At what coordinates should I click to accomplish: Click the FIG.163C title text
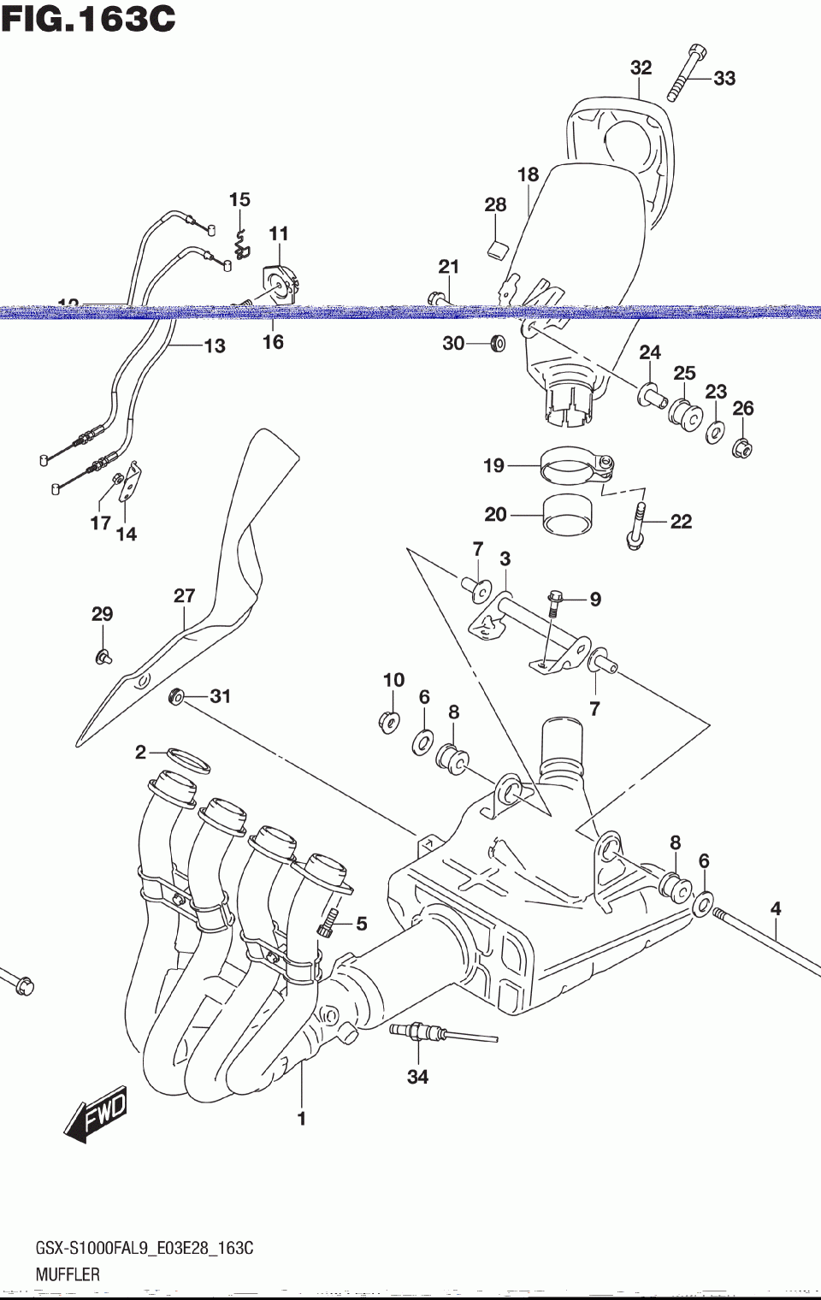click(88, 19)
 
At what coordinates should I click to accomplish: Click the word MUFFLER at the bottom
click(68, 1274)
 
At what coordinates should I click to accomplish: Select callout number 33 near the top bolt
click(724, 78)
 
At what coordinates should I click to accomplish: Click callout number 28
click(495, 204)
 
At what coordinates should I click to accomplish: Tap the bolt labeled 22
click(636, 524)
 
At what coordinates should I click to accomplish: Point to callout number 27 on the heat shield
click(185, 595)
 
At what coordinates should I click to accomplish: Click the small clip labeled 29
click(103, 656)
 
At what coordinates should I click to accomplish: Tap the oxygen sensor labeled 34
click(419, 1033)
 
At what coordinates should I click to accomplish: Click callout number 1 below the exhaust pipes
click(301, 1118)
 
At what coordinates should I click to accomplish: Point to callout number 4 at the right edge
click(776, 908)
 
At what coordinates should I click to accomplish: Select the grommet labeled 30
click(496, 344)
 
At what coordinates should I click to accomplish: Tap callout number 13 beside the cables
click(214, 346)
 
